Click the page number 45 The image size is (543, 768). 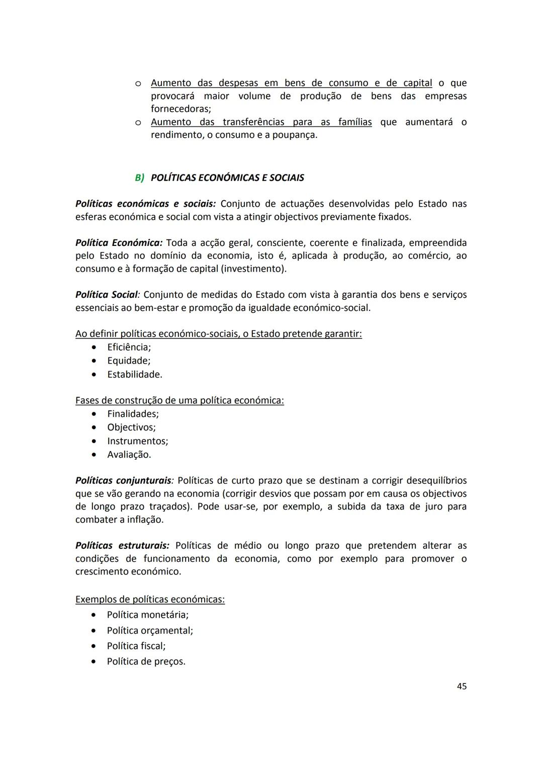click(462, 686)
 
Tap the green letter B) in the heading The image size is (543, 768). click(139, 178)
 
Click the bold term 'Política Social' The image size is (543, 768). click(106, 295)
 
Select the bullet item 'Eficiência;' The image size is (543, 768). click(129, 347)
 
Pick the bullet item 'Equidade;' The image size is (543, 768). click(129, 361)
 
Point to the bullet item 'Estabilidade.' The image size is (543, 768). click(134, 374)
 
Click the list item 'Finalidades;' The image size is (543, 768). click(133, 414)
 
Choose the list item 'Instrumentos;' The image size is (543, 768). click(137, 441)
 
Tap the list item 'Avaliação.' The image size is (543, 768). click(129, 455)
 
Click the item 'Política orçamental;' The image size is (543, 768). click(150, 630)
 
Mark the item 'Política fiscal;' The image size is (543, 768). click(136, 646)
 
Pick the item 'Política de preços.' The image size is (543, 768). click(146, 661)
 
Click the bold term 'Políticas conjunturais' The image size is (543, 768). click(123, 480)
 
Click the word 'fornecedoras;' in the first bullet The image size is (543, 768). click(181, 109)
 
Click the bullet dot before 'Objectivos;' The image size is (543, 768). click(94, 428)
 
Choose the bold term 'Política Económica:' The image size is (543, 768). click(119, 243)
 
